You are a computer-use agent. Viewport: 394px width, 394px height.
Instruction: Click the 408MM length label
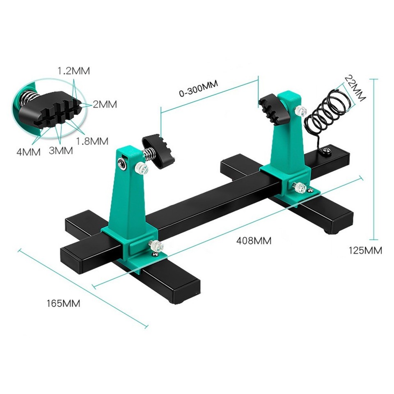point(254,241)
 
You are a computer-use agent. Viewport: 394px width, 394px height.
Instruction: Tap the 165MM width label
point(63,304)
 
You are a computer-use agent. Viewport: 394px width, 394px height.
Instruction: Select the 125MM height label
point(365,250)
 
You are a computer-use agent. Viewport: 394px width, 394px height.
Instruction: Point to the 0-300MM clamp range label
point(198,89)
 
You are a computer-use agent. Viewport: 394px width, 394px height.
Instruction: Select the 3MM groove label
point(61,151)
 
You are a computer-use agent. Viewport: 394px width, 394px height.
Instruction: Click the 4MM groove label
point(28,152)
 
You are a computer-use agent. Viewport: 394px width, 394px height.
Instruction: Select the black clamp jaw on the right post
point(271,107)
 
